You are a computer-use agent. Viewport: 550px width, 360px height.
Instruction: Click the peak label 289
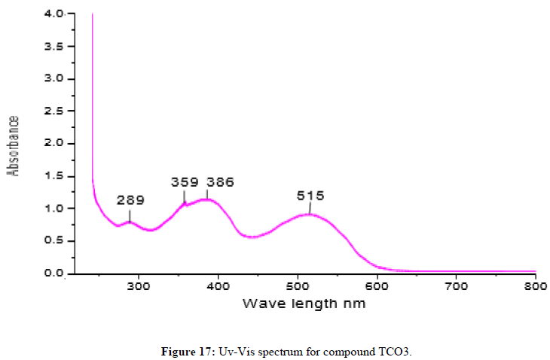[130, 200]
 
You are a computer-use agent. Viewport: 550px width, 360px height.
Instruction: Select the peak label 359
[185, 182]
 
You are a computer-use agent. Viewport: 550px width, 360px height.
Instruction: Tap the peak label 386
[220, 182]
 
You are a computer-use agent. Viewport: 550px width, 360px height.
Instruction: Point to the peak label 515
[310, 195]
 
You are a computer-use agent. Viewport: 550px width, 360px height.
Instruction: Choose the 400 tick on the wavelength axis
[218, 288]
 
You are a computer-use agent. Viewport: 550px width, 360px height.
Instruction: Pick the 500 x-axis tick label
[298, 288]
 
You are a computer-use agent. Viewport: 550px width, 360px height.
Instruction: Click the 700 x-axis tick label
[456, 288]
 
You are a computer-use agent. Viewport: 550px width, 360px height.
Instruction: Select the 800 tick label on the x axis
[535, 288]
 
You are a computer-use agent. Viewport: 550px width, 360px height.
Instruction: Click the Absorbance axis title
[13, 145]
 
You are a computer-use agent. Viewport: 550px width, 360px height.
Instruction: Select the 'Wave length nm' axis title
[304, 305]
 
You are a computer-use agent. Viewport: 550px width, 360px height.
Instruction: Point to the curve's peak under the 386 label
[207, 200]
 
